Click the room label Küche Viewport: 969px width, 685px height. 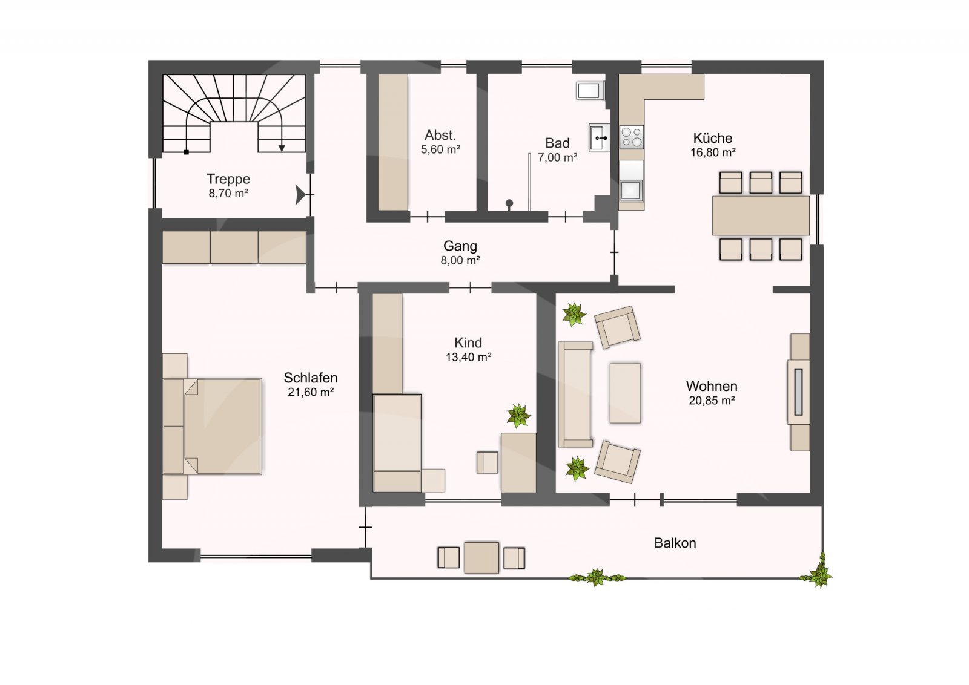712,138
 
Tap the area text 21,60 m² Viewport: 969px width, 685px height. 311,392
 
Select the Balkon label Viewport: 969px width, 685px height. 675,543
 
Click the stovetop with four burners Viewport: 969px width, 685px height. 632,137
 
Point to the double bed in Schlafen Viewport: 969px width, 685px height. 213,427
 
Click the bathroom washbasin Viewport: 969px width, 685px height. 600,137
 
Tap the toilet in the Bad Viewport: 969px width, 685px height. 590,91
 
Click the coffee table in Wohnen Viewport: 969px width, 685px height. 625,393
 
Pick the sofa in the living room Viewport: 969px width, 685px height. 575,394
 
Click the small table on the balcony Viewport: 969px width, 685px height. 481,558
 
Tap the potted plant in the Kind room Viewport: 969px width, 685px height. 518,416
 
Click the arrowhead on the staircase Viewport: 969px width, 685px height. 282,148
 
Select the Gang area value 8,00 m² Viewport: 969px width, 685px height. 460,260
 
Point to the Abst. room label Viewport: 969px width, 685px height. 440,136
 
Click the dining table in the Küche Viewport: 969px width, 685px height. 761,215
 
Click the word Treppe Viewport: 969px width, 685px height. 228,179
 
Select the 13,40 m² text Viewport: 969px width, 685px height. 468,358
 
